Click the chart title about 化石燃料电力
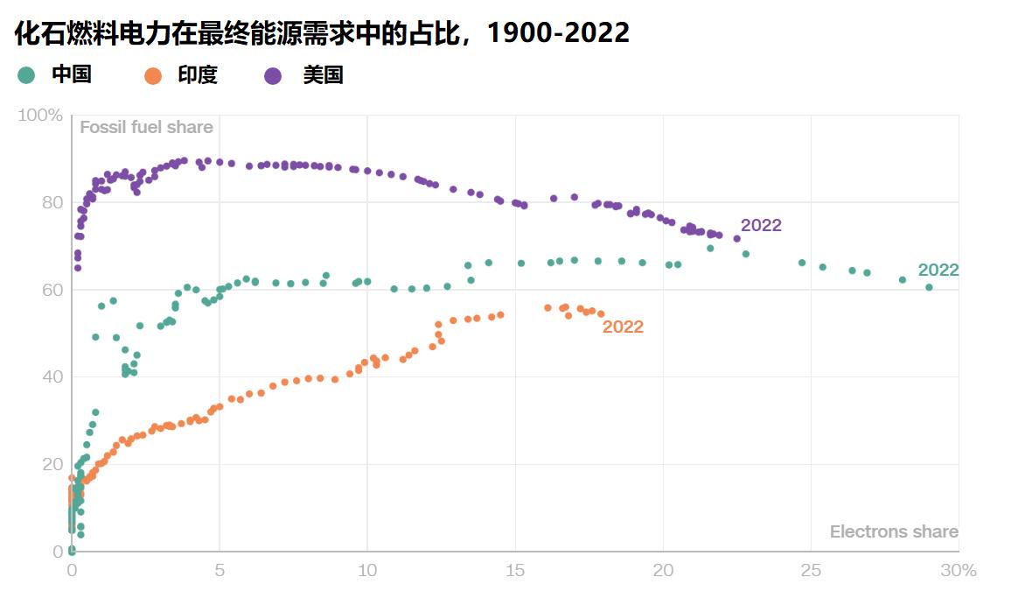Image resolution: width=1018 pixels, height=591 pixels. (x=322, y=33)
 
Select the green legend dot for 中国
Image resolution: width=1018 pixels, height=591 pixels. (x=27, y=75)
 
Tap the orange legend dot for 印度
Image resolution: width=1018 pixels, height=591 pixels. (x=153, y=75)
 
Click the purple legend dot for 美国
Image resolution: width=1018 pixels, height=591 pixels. (x=273, y=75)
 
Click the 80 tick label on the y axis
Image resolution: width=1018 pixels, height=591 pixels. (x=52, y=202)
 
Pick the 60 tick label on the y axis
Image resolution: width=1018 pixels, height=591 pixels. (x=52, y=290)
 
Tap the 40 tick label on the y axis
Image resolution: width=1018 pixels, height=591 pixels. (x=52, y=376)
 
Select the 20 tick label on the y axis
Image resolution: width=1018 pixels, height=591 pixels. (x=52, y=464)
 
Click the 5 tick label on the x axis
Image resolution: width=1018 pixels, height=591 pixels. (x=220, y=570)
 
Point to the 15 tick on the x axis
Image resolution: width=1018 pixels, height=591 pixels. (x=515, y=570)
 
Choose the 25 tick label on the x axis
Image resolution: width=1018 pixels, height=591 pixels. (x=811, y=570)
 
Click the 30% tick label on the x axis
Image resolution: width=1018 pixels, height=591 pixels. (x=958, y=570)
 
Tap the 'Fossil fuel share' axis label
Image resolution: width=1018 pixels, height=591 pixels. (x=146, y=128)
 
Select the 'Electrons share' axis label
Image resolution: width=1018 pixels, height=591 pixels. (x=893, y=532)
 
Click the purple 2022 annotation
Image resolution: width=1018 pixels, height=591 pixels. (x=761, y=226)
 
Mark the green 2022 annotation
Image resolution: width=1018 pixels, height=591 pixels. (x=938, y=270)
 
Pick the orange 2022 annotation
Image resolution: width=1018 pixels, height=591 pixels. (x=623, y=327)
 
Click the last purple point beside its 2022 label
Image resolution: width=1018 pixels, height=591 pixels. (x=736, y=238)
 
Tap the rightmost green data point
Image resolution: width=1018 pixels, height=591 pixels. (x=929, y=287)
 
